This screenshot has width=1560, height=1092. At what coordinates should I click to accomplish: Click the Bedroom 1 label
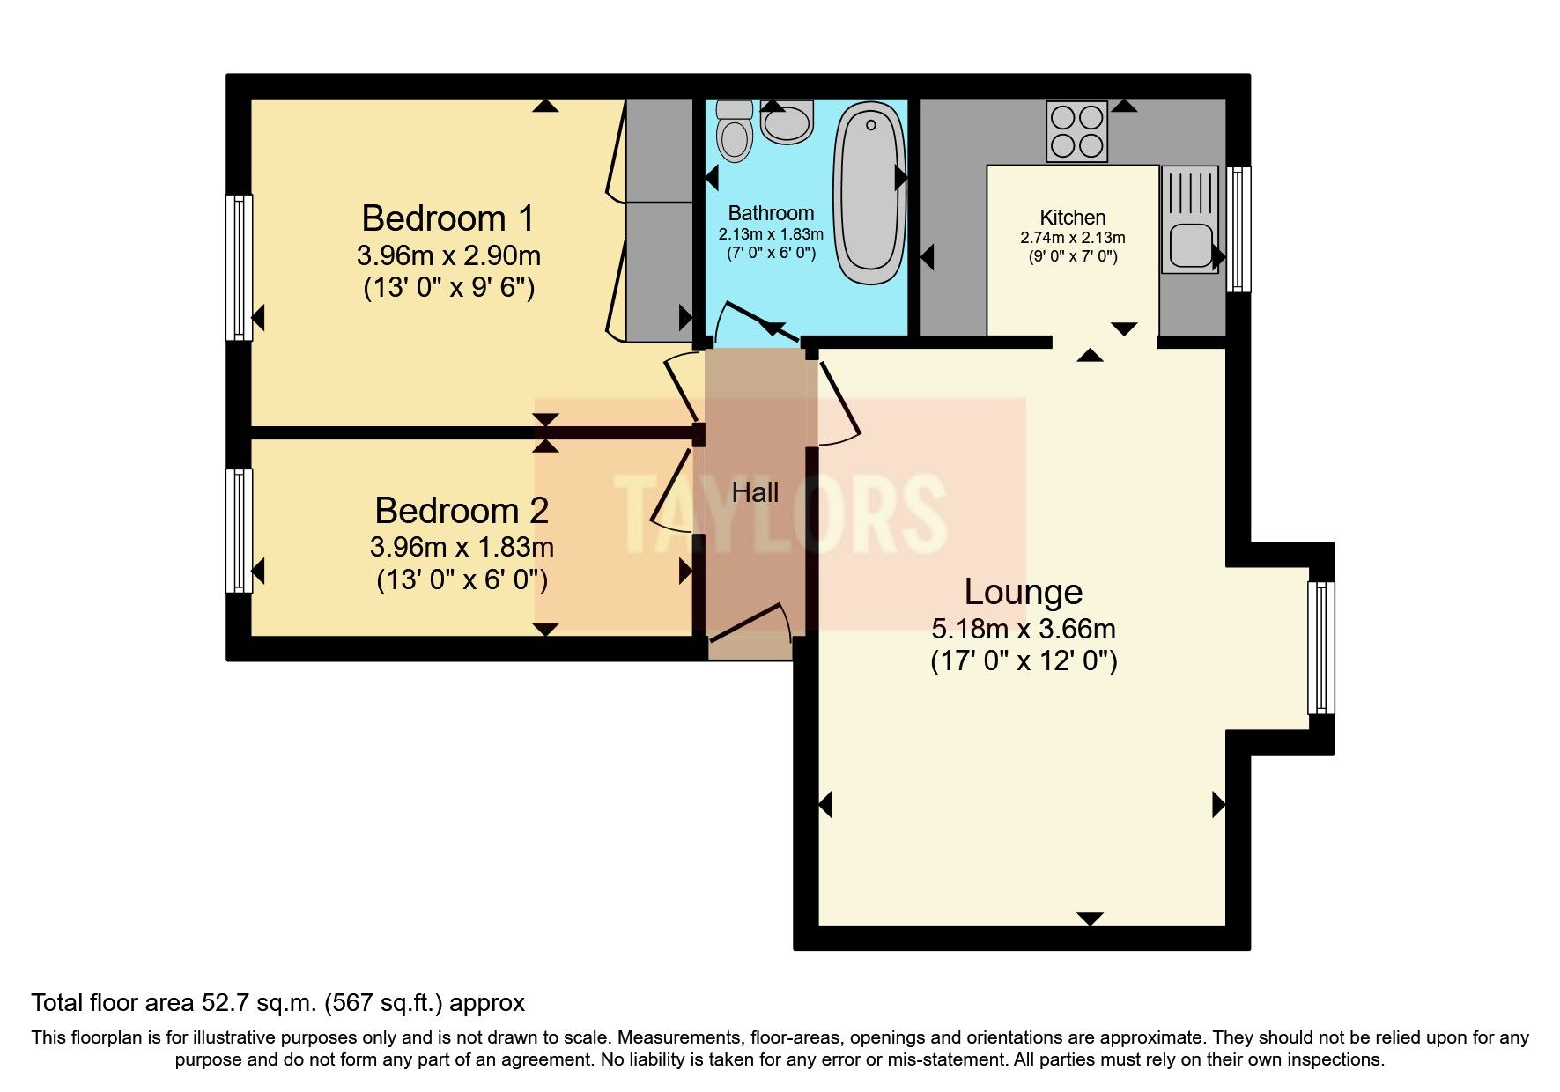coord(447,218)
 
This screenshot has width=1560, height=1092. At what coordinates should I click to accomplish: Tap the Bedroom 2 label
coord(461,510)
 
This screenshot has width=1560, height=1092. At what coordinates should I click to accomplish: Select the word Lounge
coord(1023,592)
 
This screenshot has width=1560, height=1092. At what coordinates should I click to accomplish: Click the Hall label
coord(755,492)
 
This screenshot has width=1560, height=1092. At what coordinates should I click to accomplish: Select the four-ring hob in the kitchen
coord(1076,132)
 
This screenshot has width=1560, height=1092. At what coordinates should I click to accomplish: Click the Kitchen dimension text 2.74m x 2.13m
coord(1072,238)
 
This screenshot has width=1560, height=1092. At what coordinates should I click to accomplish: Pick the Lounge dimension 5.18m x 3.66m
coord(1023,629)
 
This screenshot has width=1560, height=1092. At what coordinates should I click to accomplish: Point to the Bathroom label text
coord(771,213)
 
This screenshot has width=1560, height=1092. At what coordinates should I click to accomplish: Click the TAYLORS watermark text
coord(780,513)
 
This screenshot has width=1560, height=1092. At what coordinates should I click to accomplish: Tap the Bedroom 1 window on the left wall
coord(239,267)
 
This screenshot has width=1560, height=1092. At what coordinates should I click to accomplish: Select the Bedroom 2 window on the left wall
coord(239,531)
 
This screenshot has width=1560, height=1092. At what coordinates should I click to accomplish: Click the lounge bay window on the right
coord(1320,647)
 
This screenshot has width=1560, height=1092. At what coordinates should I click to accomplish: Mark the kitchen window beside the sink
coord(1238,229)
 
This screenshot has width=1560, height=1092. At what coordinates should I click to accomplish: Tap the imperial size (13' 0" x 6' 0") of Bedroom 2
coord(462,580)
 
